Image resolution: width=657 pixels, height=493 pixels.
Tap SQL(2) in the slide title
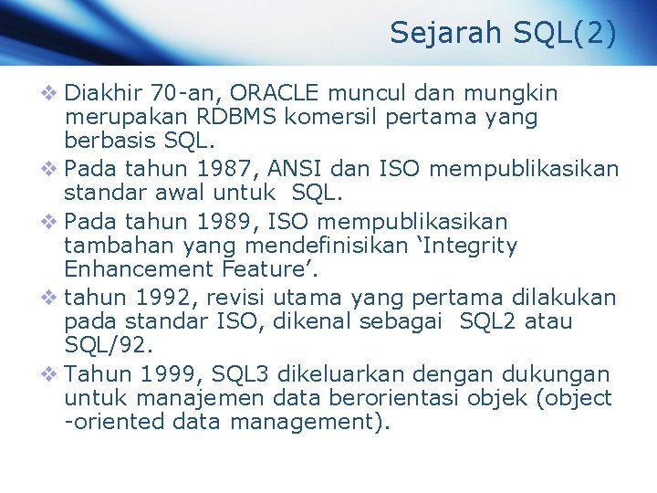point(566,33)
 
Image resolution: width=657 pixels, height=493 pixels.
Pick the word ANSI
point(270,170)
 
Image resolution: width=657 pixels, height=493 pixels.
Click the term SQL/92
point(101,345)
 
